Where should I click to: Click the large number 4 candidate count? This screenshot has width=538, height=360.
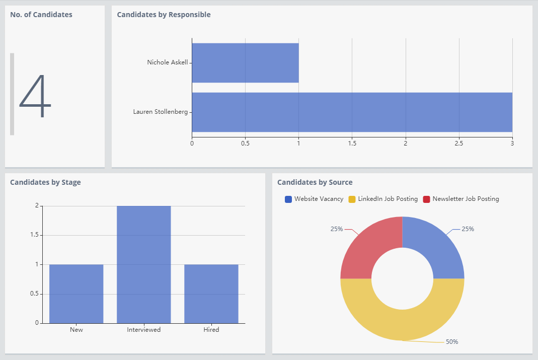(35, 96)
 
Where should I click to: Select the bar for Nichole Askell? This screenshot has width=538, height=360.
(245, 62)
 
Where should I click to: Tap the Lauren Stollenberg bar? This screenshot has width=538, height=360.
(352, 112)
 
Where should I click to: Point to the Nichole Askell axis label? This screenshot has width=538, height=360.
(167, 62)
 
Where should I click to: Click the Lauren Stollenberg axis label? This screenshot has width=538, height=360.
(160, 112)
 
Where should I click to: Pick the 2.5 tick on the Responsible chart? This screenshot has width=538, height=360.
(458, 143)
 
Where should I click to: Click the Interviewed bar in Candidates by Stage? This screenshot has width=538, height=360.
(143, 264)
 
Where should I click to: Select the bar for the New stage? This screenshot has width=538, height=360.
(76, 294)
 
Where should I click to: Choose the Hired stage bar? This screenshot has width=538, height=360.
(211, 294)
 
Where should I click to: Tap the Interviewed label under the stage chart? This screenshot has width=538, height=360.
(143, 330)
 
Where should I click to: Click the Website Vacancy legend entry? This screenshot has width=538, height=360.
(314, 199)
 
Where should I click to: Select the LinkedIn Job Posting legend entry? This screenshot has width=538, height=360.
(383, 199)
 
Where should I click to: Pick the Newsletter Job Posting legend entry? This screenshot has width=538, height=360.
(461, 199)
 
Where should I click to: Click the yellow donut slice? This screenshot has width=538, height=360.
(402, 325)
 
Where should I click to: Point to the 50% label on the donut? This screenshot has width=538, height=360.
(452, 342)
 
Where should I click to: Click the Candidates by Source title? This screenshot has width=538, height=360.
(315, 182)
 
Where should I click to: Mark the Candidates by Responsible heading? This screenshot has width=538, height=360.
(164, 15)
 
